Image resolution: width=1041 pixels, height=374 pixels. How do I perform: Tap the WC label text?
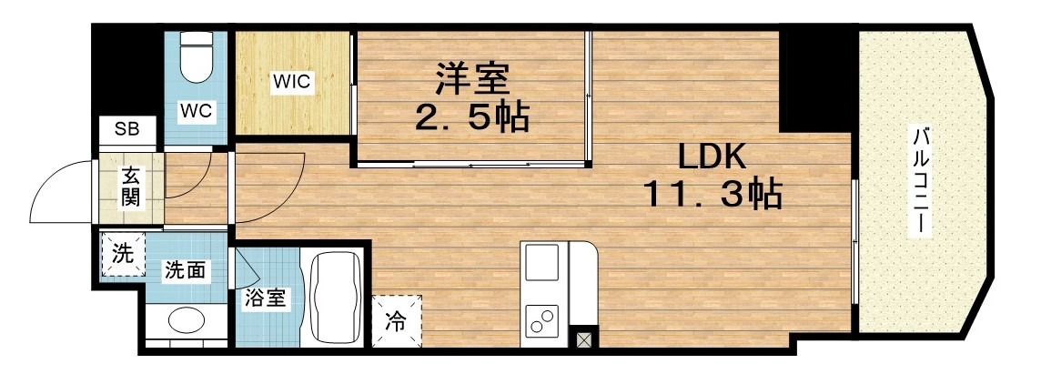[196, 111]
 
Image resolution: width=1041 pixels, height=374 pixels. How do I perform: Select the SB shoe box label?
[126, 129]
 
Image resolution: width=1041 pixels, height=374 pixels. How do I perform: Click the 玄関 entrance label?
[131, 187]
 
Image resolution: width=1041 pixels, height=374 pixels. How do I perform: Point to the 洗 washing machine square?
[122, 254]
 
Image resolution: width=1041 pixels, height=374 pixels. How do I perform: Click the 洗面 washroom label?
[183, 269]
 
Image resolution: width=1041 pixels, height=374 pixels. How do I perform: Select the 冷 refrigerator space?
[397, 319]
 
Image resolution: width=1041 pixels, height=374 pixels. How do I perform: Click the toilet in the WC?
[196, 59]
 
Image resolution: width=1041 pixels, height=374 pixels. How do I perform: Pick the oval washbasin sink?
[187, 323]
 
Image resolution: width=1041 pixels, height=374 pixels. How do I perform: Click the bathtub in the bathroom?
[337, 298]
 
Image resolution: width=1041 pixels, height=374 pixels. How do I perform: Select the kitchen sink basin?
[543, 263]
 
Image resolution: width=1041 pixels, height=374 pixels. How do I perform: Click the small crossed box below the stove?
[583, 342]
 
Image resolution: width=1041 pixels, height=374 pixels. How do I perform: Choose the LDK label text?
[712, 157]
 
